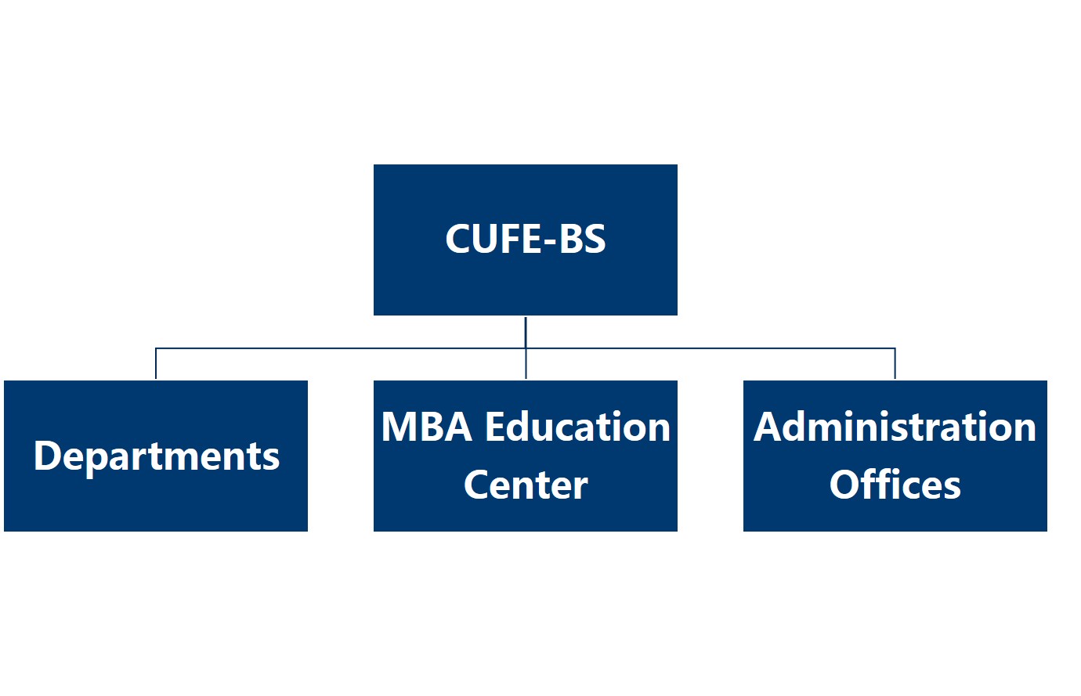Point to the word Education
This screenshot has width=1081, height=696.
(577, 427)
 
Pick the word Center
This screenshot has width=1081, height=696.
(526, 485)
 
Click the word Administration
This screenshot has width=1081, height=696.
(895, 427)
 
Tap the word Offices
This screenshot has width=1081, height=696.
(895, 485)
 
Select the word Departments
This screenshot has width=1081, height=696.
(156, 456)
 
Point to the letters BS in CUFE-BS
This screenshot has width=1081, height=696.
(583, 239)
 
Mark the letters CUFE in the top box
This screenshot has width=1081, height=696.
(493, 239)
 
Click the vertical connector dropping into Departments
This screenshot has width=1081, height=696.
(156, 364)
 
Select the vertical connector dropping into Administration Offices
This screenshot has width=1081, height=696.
(895, 364)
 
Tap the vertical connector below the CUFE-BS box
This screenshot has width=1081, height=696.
(526, 331)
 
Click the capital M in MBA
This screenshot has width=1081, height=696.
(399, 427)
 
